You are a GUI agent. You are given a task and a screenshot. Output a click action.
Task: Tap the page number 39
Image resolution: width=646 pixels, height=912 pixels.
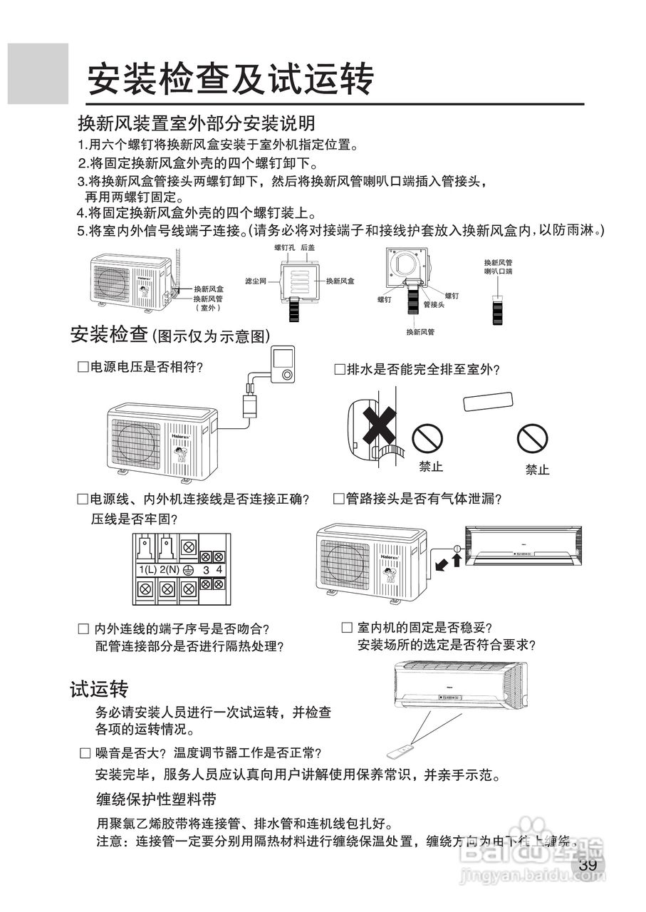click(x=588, y=865)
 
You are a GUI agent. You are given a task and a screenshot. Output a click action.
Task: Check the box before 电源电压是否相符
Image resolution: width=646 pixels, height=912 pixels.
click(x=82, y=367)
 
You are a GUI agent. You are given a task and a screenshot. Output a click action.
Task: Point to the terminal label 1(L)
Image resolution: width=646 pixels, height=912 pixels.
click(x=147, y=569)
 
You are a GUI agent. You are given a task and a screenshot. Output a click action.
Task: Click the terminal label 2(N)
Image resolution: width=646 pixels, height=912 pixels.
click(x=169, y=569)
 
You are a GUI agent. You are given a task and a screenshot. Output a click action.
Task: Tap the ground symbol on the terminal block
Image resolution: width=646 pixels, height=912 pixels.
click(x=189, y=569)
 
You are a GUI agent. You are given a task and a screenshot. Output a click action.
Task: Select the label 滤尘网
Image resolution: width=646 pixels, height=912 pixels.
click(x=255, y=281)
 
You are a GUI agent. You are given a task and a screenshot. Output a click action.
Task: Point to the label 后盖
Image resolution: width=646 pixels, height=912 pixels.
click(x=308, y=247)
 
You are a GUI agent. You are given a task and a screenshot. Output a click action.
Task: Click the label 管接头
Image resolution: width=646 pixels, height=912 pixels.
click(x=434, y=304)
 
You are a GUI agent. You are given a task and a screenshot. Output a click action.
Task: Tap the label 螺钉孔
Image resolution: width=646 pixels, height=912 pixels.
click(x=285, y=247)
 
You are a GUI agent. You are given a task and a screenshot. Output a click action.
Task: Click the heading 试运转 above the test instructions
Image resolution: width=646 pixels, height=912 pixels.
click(x=99, y=689)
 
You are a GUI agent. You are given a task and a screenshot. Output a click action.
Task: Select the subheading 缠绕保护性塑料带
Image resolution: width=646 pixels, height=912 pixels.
click(x=156, y=797)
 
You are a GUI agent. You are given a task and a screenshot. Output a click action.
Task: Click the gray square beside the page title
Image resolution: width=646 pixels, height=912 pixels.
click(x=38, y=73)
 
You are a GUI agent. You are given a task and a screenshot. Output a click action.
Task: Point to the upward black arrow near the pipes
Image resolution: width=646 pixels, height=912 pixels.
click(x=457, y=561)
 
